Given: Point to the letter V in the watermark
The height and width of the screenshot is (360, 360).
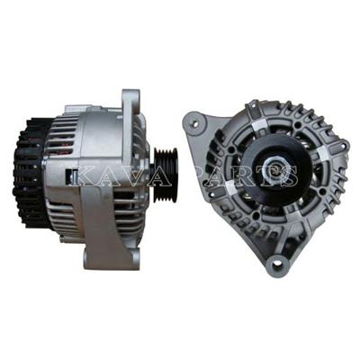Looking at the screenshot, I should pyautogui.click(x=126, y=176).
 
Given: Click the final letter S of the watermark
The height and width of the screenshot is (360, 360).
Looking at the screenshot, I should pyautogui.click(x=289, y=176).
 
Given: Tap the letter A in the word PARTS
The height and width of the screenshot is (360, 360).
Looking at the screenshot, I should pyautogui.click(x=218, y=176).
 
